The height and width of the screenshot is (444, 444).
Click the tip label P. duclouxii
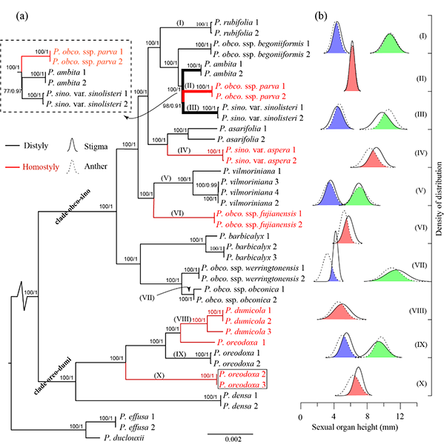pos(124,438)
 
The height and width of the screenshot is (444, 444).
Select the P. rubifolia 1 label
pos(236,22)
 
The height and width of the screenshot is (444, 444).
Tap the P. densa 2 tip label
pos(240,406)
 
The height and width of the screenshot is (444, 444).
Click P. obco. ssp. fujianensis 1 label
pos(259,214)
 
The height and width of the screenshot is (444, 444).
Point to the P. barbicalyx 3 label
pos(251,258)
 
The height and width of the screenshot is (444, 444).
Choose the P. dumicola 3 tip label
pos(248,332)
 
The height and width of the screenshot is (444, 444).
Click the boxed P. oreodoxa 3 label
pos(242,385)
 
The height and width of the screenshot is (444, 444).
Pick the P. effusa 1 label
pos(137,417)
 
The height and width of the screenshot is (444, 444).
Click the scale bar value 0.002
pos(233,439)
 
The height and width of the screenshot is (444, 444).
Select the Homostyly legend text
pos(41,167)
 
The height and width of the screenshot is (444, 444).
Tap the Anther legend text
pos(96,166)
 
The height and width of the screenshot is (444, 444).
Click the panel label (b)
pos(321,16)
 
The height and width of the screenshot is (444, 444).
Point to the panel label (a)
pos(22,16)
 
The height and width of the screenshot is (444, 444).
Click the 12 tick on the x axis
pos(400,417)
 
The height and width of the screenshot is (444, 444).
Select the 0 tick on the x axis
pos(300,417)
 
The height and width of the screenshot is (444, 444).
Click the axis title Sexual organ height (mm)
pos(355,427)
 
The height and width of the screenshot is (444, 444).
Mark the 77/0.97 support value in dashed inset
pos(13,90)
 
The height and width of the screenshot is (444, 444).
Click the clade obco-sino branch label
pos(73,207)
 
